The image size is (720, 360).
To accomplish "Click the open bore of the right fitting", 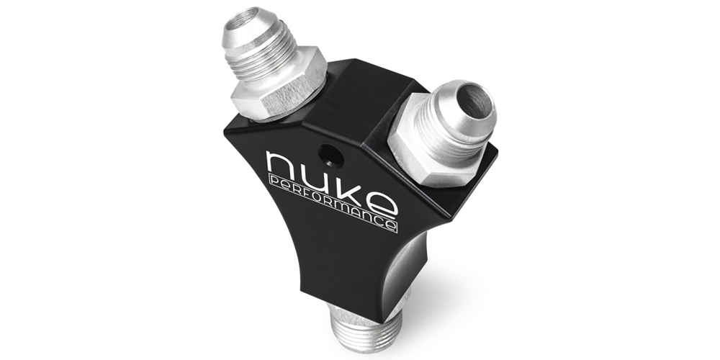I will coord(476,102).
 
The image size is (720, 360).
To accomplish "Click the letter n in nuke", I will coord(282,167).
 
